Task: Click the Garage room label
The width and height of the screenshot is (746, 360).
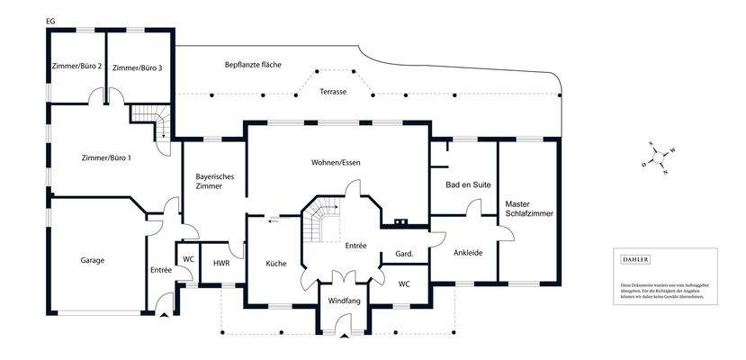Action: pyautogui.click(x=92, y=260)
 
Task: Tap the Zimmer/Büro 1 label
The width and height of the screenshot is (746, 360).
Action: pyautogui.click(x=106, y=158)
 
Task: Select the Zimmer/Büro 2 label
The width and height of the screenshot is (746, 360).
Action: pyautogui.click(x=76, y=67)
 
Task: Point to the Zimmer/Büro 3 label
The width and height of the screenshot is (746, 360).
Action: pyautogui.click(x=138, y=67)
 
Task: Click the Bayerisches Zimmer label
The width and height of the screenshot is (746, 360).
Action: pyautogui.click(x=215, y=183)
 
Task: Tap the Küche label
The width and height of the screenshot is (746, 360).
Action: pyautogui.click(x=276, y=264)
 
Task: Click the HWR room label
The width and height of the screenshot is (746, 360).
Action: pyautogui.click(x=221, y=264)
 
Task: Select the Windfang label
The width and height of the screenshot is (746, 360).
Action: pyautogui.click(x=344, y=300)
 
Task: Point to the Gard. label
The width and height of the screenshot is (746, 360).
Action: pyautogui.click(x=404, y=255)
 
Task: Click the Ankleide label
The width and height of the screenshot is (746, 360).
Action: pyautogui.click(x=468, y=253)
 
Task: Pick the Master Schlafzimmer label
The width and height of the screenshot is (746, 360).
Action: pyautogui.click(x=528, y=209)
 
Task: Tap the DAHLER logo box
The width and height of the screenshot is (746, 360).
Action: pyautogui.click(x=636, y=259)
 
